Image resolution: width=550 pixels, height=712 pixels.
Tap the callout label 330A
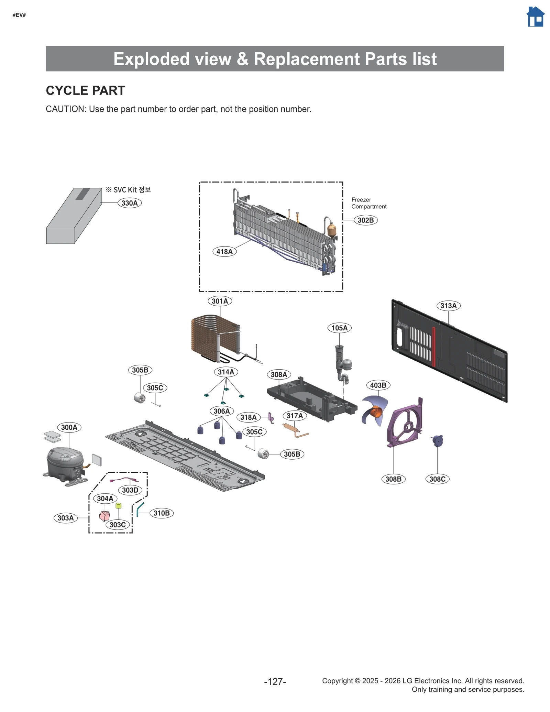[x=130, y=203]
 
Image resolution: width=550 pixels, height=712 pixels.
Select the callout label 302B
[x=365, y=220]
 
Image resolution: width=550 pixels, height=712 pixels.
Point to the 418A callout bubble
[x=224, y=251]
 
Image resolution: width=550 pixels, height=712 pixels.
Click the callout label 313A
[x=448, y=305]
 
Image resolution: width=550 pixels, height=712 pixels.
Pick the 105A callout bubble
[x=339, y=328]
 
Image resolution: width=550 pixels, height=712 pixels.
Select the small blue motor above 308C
[x=438, y=440]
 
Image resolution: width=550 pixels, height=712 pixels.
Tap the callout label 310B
[x=161, y=513]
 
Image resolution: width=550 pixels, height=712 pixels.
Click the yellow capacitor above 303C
[x=119, y=505]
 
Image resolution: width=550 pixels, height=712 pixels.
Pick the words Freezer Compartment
[x=368, y=203]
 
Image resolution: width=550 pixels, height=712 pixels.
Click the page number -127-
[x=275, y=681]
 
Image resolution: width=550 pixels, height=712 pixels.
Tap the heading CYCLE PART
[x=85, y=90]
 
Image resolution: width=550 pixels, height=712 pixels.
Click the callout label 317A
[x=295, y=416]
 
